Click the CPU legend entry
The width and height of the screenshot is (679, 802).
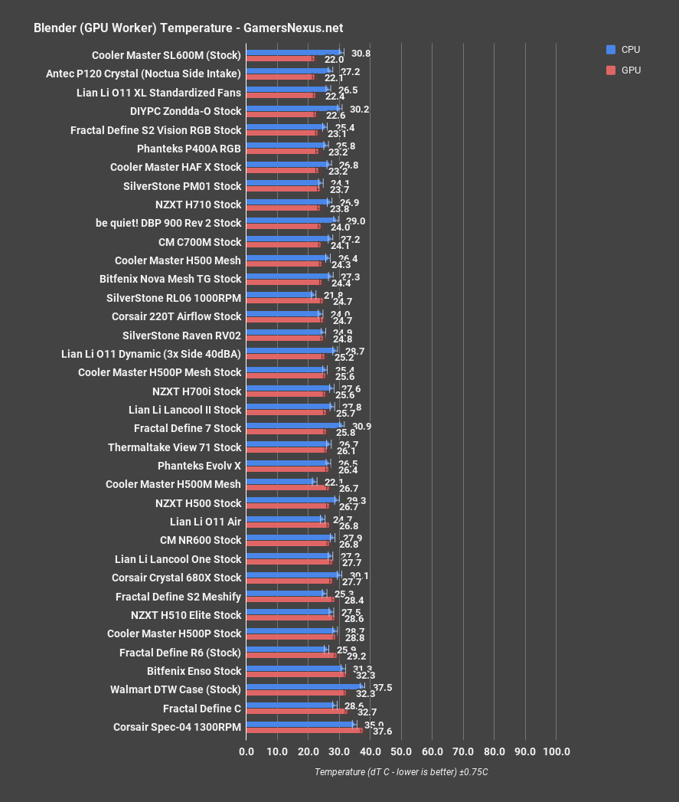(623, 50)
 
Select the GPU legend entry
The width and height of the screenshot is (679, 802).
(623, 70)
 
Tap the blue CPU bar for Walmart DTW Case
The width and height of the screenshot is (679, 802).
(304, 686)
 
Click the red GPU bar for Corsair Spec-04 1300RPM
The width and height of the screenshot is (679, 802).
(304, 730)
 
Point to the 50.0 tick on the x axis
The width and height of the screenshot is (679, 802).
(401, 751)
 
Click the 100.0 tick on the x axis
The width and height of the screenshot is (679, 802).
(556, 751)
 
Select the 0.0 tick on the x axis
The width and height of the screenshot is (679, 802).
(246, 751)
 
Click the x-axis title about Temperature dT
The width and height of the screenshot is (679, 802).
(401, 772)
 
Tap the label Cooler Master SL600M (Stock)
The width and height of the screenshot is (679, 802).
(166, 55)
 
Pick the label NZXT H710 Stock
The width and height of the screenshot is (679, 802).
(197, 205)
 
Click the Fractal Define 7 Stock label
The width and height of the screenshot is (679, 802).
(188, 428)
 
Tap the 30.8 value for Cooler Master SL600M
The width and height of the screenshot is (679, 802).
(361, 54)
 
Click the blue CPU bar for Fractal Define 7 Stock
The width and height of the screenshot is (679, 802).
(294, 425)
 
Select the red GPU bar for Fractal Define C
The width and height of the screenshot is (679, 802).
(296, 712)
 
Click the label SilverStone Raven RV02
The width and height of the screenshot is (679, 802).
(181, 336)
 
